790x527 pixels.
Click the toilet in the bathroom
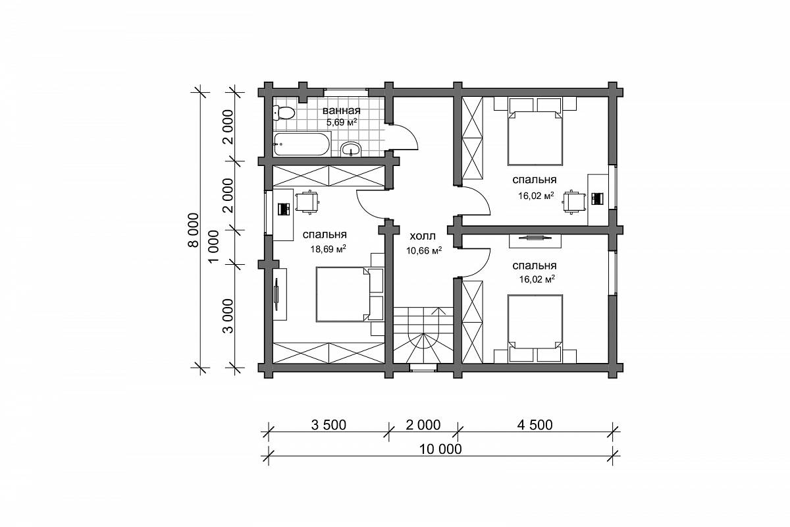click(284, 113)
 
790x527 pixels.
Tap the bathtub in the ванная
click(302, 144)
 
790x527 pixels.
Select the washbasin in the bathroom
click(351, 150)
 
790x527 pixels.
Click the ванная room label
click(342, 111)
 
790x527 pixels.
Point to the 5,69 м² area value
click(342, 123)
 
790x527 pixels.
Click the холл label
click(423, 236)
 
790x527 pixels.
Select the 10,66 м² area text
click(424, 250)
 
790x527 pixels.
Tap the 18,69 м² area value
click(328, 249)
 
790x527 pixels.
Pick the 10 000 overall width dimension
click(440, 449)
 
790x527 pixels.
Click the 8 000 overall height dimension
click(194, 230)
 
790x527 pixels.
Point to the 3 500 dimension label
click(329, 425)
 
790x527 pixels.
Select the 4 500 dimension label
click(535, 425)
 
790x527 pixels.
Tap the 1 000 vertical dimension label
click(214, 246)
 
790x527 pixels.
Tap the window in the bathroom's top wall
click(346, 92)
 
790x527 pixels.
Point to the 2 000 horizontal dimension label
click(423, 425)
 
